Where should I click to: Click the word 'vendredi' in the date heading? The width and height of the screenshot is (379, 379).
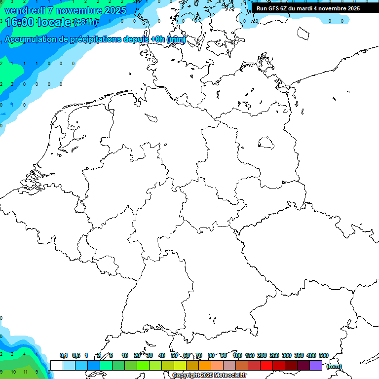tap(24, 10)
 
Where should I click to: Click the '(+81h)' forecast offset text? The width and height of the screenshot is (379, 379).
tap(85, 22)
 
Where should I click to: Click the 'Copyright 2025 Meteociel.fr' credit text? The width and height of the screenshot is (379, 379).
tap(209, 375)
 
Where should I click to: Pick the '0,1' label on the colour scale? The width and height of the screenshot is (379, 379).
tap(63, 355)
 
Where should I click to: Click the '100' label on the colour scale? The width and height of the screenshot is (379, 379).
tap(237, 355)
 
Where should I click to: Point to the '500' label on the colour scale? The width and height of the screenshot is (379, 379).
tap(324, 355)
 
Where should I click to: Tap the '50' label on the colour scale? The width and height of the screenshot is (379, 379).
tap(174, 355)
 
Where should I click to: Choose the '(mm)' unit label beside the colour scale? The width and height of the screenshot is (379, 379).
tap(334, 366)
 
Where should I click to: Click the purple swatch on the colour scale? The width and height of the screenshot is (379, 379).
tap(316, 365)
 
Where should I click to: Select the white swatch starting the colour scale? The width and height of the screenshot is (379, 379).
tap(56, 365)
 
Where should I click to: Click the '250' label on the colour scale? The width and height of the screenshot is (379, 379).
tap(274, 355)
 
